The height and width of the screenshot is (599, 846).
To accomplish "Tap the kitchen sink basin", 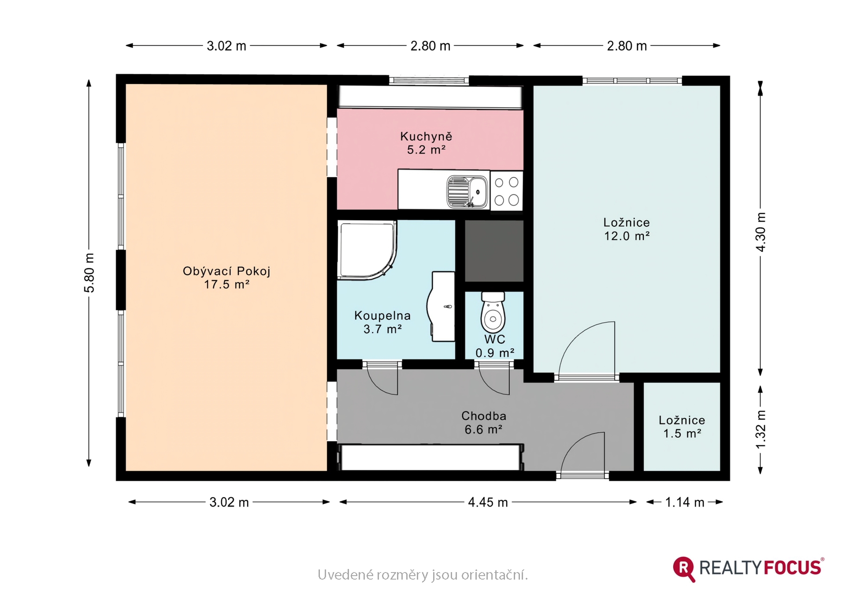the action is pyautogui.click(x=468, y=192).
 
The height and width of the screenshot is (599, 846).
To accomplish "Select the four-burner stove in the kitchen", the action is pyautogui.click(x=507, y=191).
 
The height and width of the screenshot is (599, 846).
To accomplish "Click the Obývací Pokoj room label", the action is pyautogui.click(x=226, y=277).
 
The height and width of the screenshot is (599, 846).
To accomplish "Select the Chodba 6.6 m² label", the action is pyautogui.click(x=484, y=423).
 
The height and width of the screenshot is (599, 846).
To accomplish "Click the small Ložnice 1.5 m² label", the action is pyautogui.click(x=682, y=427).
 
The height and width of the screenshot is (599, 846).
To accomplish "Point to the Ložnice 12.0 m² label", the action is pyautogui.click(x=627, y=229).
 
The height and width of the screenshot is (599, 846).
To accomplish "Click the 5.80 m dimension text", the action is pyautogui.click(x=89, y=273).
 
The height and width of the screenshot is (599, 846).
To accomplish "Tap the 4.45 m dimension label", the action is pyautogui.click(x=488, y=502).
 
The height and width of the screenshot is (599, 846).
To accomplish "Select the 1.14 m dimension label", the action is pyautogui.click(x=684, y=502).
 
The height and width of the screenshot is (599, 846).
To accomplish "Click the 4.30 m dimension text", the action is pyautogui.click(x=761, y=232).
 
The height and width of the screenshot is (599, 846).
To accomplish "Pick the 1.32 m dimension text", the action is pyautogui.click(x=761, y=430).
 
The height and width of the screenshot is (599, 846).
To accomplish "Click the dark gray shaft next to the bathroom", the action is pyautogui.click(x=494, y=251).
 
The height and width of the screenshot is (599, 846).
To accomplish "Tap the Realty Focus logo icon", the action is pyautogui.click(x=684, y=569).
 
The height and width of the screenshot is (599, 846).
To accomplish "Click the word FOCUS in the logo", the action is pyautogui.click(x=792, y=568).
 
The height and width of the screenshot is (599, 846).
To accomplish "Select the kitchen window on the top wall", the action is pyautogui.click(x=429, y=80).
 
